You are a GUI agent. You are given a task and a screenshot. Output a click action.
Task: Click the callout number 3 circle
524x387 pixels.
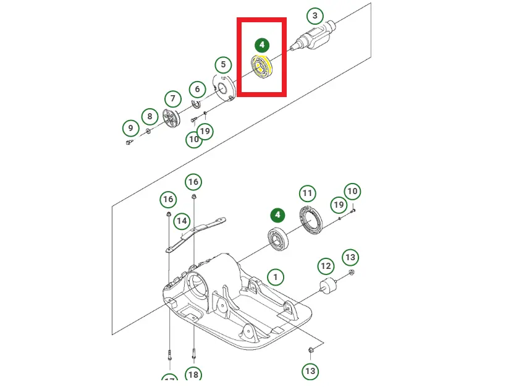pyautogui.click(x=315, y=15)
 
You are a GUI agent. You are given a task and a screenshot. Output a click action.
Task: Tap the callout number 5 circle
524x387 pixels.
pyautogui.click(x=223, y=64)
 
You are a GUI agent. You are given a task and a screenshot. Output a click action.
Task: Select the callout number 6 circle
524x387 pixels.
pyautogui.click(x=197, y=90)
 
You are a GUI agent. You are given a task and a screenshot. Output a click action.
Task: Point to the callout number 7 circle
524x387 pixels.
pyautogui.click(x=172, y=98)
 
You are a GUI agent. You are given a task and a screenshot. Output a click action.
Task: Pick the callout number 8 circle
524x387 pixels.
pyautogui.click(x=149, y=116)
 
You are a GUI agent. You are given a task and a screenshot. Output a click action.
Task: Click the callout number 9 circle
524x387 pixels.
pyautogui.click(x=130, y=129)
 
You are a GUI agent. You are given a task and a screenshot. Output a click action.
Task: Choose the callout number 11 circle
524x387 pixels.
pyautogui.click(x=308, y=194)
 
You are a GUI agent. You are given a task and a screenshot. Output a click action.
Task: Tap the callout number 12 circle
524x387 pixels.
pyautogui.click(x=326, y=266)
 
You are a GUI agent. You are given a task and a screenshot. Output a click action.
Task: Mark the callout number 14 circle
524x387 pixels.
pyautogui.click(x=182, y=221)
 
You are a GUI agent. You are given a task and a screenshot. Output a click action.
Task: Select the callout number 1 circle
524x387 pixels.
pyautogui.click(x=276, y=276)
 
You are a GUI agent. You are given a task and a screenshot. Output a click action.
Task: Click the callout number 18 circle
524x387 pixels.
pyautogui.click(x=193, y=375)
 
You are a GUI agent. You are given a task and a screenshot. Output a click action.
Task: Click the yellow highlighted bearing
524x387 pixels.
pyautogui.click(x=262, y=67)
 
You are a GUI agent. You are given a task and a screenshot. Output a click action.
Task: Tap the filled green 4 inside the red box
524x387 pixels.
pyautogui.click(x=262, y=45)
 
